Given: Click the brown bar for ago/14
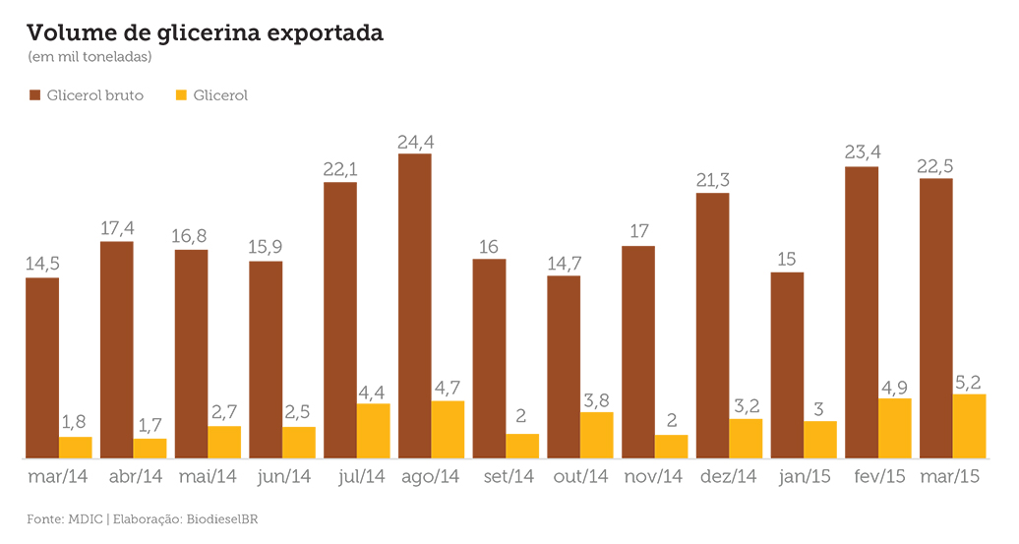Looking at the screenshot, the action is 415,306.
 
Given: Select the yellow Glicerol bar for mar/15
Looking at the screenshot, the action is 970,426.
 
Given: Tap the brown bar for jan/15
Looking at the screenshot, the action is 788,365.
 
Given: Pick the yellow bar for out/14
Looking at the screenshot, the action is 597,436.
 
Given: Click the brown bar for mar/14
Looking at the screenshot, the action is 42,369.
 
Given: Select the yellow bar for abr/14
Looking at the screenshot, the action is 150,449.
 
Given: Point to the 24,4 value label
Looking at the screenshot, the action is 416,142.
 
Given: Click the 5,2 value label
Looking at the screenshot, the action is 968,382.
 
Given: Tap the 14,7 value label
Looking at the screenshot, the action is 565,264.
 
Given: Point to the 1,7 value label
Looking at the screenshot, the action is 150,426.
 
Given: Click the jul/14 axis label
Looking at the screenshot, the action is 361,477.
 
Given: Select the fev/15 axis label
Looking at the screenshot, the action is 879,476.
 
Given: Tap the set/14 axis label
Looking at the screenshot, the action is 509,476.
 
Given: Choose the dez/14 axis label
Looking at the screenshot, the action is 729,476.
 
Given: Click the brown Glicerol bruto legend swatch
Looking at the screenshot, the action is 35,95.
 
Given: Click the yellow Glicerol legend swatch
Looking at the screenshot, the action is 181,95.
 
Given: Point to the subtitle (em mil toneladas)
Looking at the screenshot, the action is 90,56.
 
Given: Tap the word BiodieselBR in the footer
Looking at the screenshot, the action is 222,519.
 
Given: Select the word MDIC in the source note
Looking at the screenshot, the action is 86,519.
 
